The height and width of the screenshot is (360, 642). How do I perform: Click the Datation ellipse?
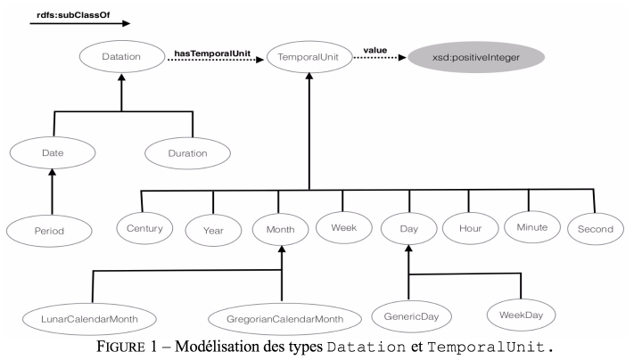click(122, 56)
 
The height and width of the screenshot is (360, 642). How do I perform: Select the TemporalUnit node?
click(309, 57)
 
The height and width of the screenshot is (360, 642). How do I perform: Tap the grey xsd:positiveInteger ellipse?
click(476, 57)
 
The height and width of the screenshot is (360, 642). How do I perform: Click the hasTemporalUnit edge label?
click(212, 53)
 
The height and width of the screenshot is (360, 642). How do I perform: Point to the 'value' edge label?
click(375, 50)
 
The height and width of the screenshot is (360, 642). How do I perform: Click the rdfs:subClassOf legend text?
click(73, 15)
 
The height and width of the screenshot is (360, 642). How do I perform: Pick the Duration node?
click(187, 153)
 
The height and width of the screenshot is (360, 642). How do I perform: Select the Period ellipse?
click(49, 231)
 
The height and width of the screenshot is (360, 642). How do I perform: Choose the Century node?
click(144, 228)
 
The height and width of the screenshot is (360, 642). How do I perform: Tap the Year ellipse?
click(213, 231)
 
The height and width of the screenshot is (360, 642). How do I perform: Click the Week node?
click(344, 227)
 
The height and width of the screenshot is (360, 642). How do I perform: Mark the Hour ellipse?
click(471, 228)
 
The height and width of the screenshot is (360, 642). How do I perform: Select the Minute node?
click(532, 227)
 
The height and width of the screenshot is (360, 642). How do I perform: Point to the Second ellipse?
click(596, 229)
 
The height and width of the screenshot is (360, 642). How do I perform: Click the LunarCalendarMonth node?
click(89, 319)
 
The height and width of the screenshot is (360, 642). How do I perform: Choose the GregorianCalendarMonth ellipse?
click(285, 319)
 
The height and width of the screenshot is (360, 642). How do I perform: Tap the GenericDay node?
click(411, 316)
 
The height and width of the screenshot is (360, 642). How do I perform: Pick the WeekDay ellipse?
click(522, 315)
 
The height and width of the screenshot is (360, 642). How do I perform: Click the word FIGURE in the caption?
click(120, 347)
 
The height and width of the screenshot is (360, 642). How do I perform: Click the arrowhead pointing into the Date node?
click(52, 172)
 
